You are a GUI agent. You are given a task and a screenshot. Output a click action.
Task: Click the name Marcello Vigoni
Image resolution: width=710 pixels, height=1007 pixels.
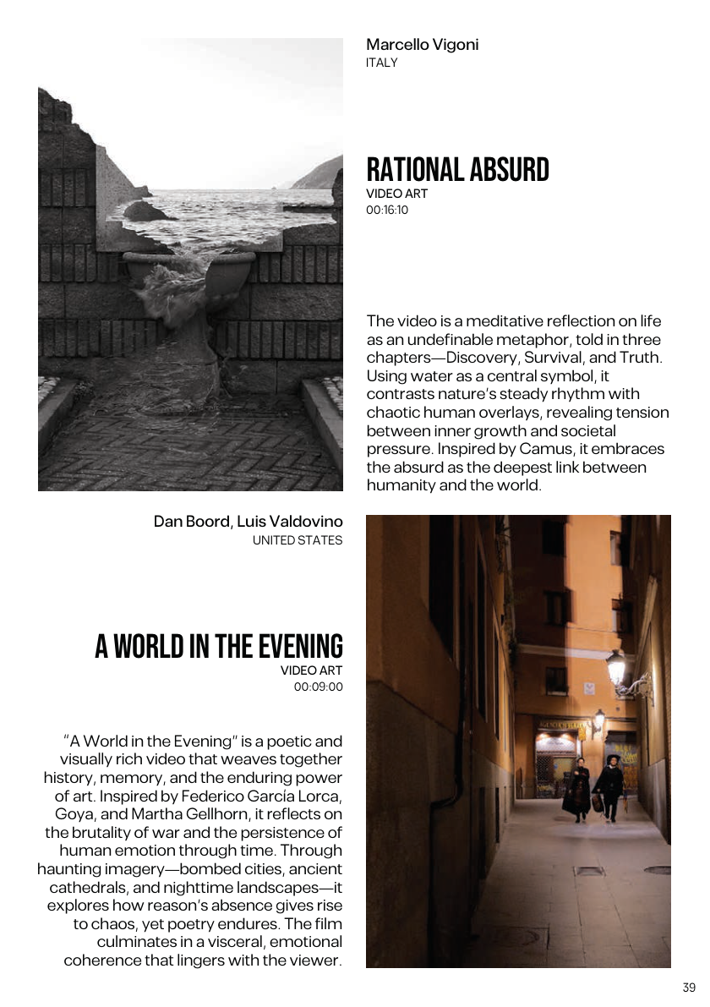[x=422, y=45]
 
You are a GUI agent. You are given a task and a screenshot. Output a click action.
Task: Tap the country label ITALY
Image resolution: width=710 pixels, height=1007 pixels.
[x=381, y=63]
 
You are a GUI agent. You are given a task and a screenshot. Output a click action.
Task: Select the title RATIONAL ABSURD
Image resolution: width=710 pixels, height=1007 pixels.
[x=457, y=170]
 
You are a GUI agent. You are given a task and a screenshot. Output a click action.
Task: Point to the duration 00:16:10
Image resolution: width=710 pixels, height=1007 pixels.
[x=387, y=210]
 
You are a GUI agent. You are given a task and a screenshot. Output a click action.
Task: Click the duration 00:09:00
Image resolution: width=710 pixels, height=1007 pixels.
[x=319, y=687]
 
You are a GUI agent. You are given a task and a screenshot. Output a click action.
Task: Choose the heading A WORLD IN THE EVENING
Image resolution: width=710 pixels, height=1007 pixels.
[x=219, y=647]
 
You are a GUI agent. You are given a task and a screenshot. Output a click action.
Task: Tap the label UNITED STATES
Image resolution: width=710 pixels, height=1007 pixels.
[x=298, y=540]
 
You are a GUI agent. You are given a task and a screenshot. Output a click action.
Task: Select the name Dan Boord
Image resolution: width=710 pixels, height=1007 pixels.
[x=191, y=522]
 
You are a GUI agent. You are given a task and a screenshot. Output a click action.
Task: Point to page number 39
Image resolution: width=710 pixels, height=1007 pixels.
[x=689, y=988]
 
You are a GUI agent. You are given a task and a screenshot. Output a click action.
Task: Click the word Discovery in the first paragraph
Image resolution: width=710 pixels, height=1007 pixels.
[x=467, y=358]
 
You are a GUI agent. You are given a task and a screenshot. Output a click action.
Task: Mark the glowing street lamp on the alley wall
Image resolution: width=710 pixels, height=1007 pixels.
[x=616, y=667]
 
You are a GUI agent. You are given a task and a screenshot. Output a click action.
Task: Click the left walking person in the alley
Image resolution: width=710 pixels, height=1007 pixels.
[x=577, y=788]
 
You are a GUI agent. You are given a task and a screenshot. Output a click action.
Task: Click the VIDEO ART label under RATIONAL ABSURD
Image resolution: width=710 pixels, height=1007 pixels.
[x=396, y=194]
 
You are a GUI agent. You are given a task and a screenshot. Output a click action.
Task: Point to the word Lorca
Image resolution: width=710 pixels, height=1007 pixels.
[x=320, y=796]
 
